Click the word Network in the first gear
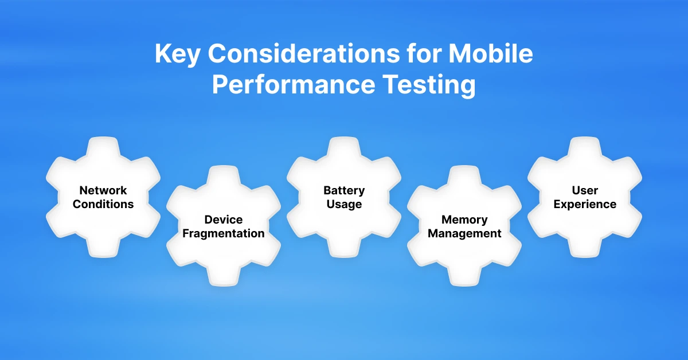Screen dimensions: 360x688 [103, 190]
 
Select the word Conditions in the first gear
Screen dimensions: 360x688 [103, 204]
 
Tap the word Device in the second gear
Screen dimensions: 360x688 [224, 220]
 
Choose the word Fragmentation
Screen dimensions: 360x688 [224, 233]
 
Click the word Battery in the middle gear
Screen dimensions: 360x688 [344, 190]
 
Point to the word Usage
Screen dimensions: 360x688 [344, 204]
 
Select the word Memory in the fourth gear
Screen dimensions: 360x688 [464, 220]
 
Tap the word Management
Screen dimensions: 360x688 [464, 233]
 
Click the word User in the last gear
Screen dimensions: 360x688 [585, 190]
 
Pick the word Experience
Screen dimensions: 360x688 [585, 204]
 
